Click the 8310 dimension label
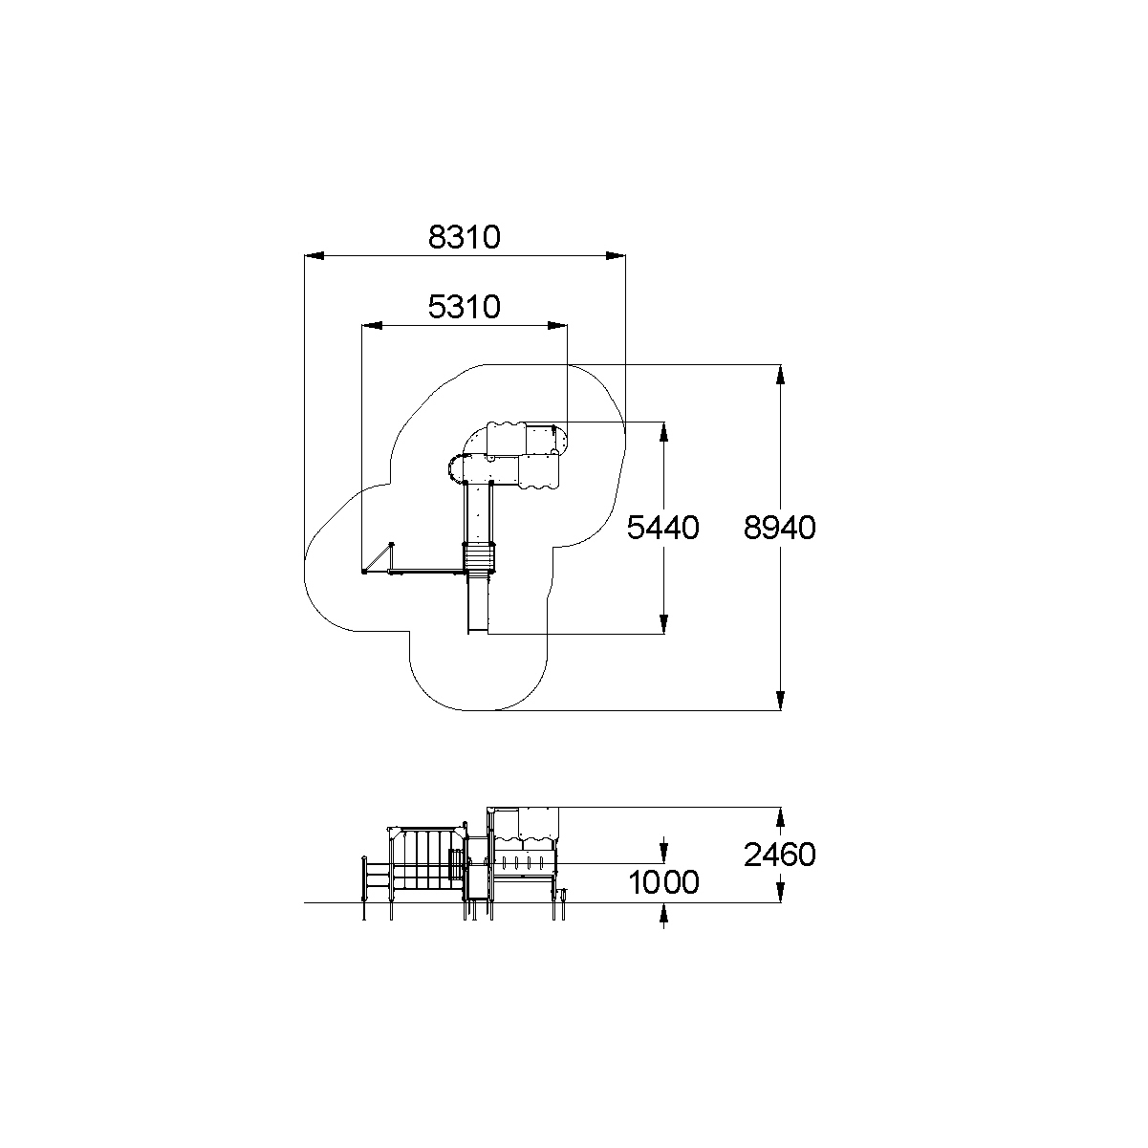[465, 237]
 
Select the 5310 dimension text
[465, 307]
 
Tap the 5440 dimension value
[662, 528]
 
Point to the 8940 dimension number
[779, 528]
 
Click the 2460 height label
[779, 855]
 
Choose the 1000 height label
[663, 882]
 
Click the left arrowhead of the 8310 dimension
[314, 255]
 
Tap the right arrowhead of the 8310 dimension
[616, 255]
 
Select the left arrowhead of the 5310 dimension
[372, 325]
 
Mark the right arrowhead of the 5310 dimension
[557, 325]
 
